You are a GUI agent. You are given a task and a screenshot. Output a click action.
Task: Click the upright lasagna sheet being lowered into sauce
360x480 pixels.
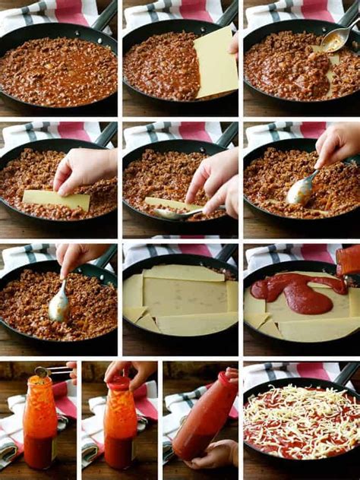216,63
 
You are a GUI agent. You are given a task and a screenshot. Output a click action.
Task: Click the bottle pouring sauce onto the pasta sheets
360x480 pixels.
349,261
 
